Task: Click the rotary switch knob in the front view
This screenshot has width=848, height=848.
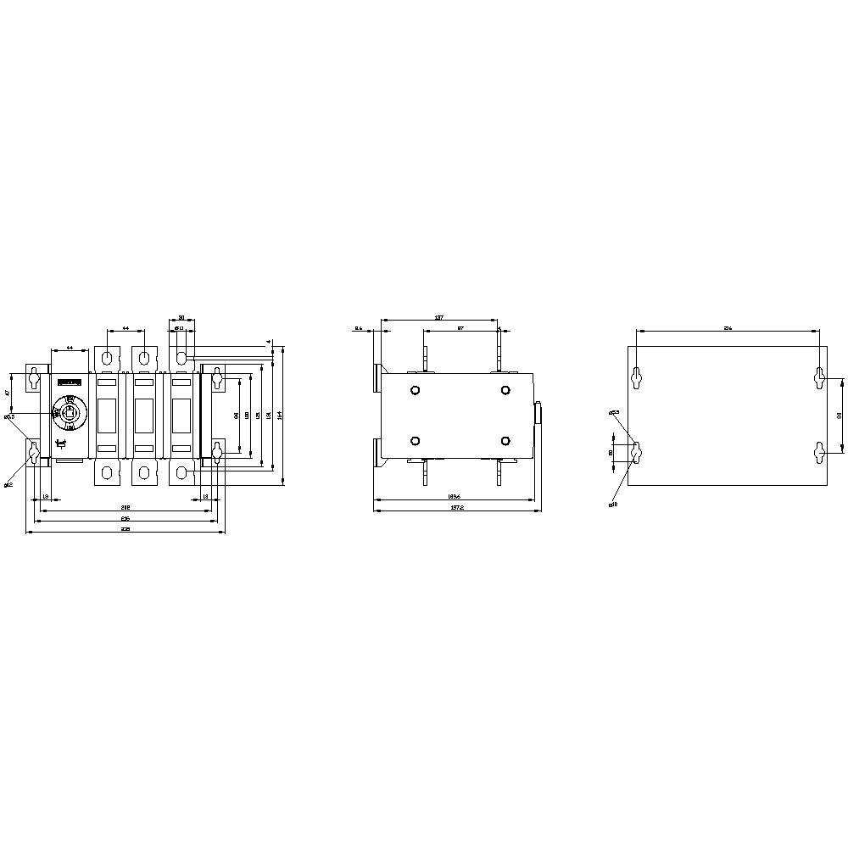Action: (70, 413)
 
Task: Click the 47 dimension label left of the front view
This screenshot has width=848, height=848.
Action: (8, 393)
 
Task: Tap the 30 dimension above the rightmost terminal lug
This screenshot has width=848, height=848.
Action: (181, 320)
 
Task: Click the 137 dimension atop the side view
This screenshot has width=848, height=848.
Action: (438, 318)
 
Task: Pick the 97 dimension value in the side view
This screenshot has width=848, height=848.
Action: (460, 327)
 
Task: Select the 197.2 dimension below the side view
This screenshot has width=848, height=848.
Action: (455, 507)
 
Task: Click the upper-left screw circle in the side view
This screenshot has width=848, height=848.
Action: (415, 390)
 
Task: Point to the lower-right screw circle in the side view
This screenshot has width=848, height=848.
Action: (505, 441)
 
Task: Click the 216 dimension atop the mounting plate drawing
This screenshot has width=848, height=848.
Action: (728, 327)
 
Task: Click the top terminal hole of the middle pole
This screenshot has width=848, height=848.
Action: (144, 356)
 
